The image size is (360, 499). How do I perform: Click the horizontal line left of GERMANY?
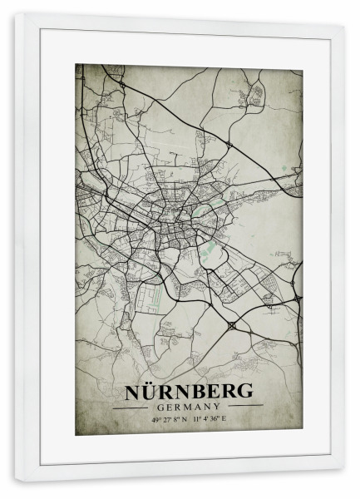click(x=131, y=408)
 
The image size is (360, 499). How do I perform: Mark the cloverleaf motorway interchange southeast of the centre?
click(x=230, y=325)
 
